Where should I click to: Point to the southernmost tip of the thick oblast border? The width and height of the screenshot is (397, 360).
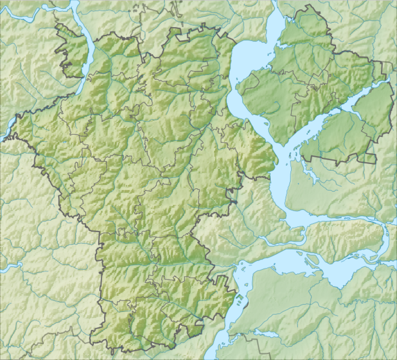pos(123,351)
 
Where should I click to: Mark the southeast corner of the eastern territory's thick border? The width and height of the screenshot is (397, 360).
pos(376,162)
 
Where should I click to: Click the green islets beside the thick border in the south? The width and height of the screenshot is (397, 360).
pos(236,301)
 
